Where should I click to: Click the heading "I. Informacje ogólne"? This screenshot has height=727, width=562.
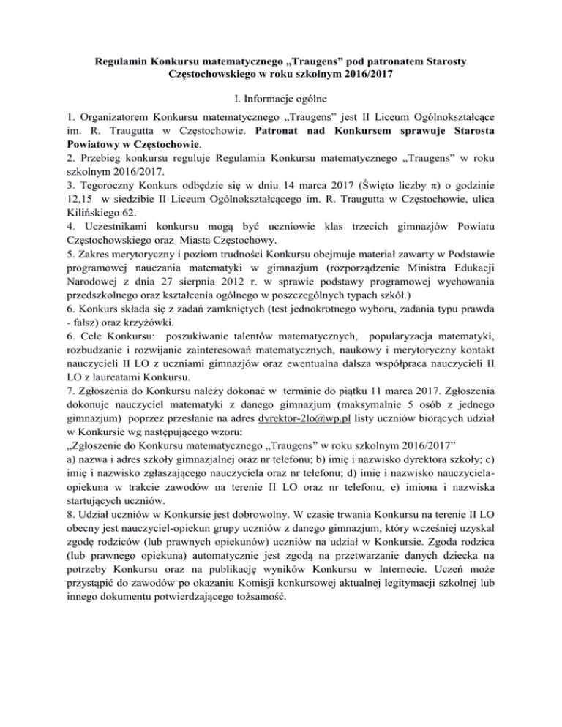[x=280, y=97]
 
